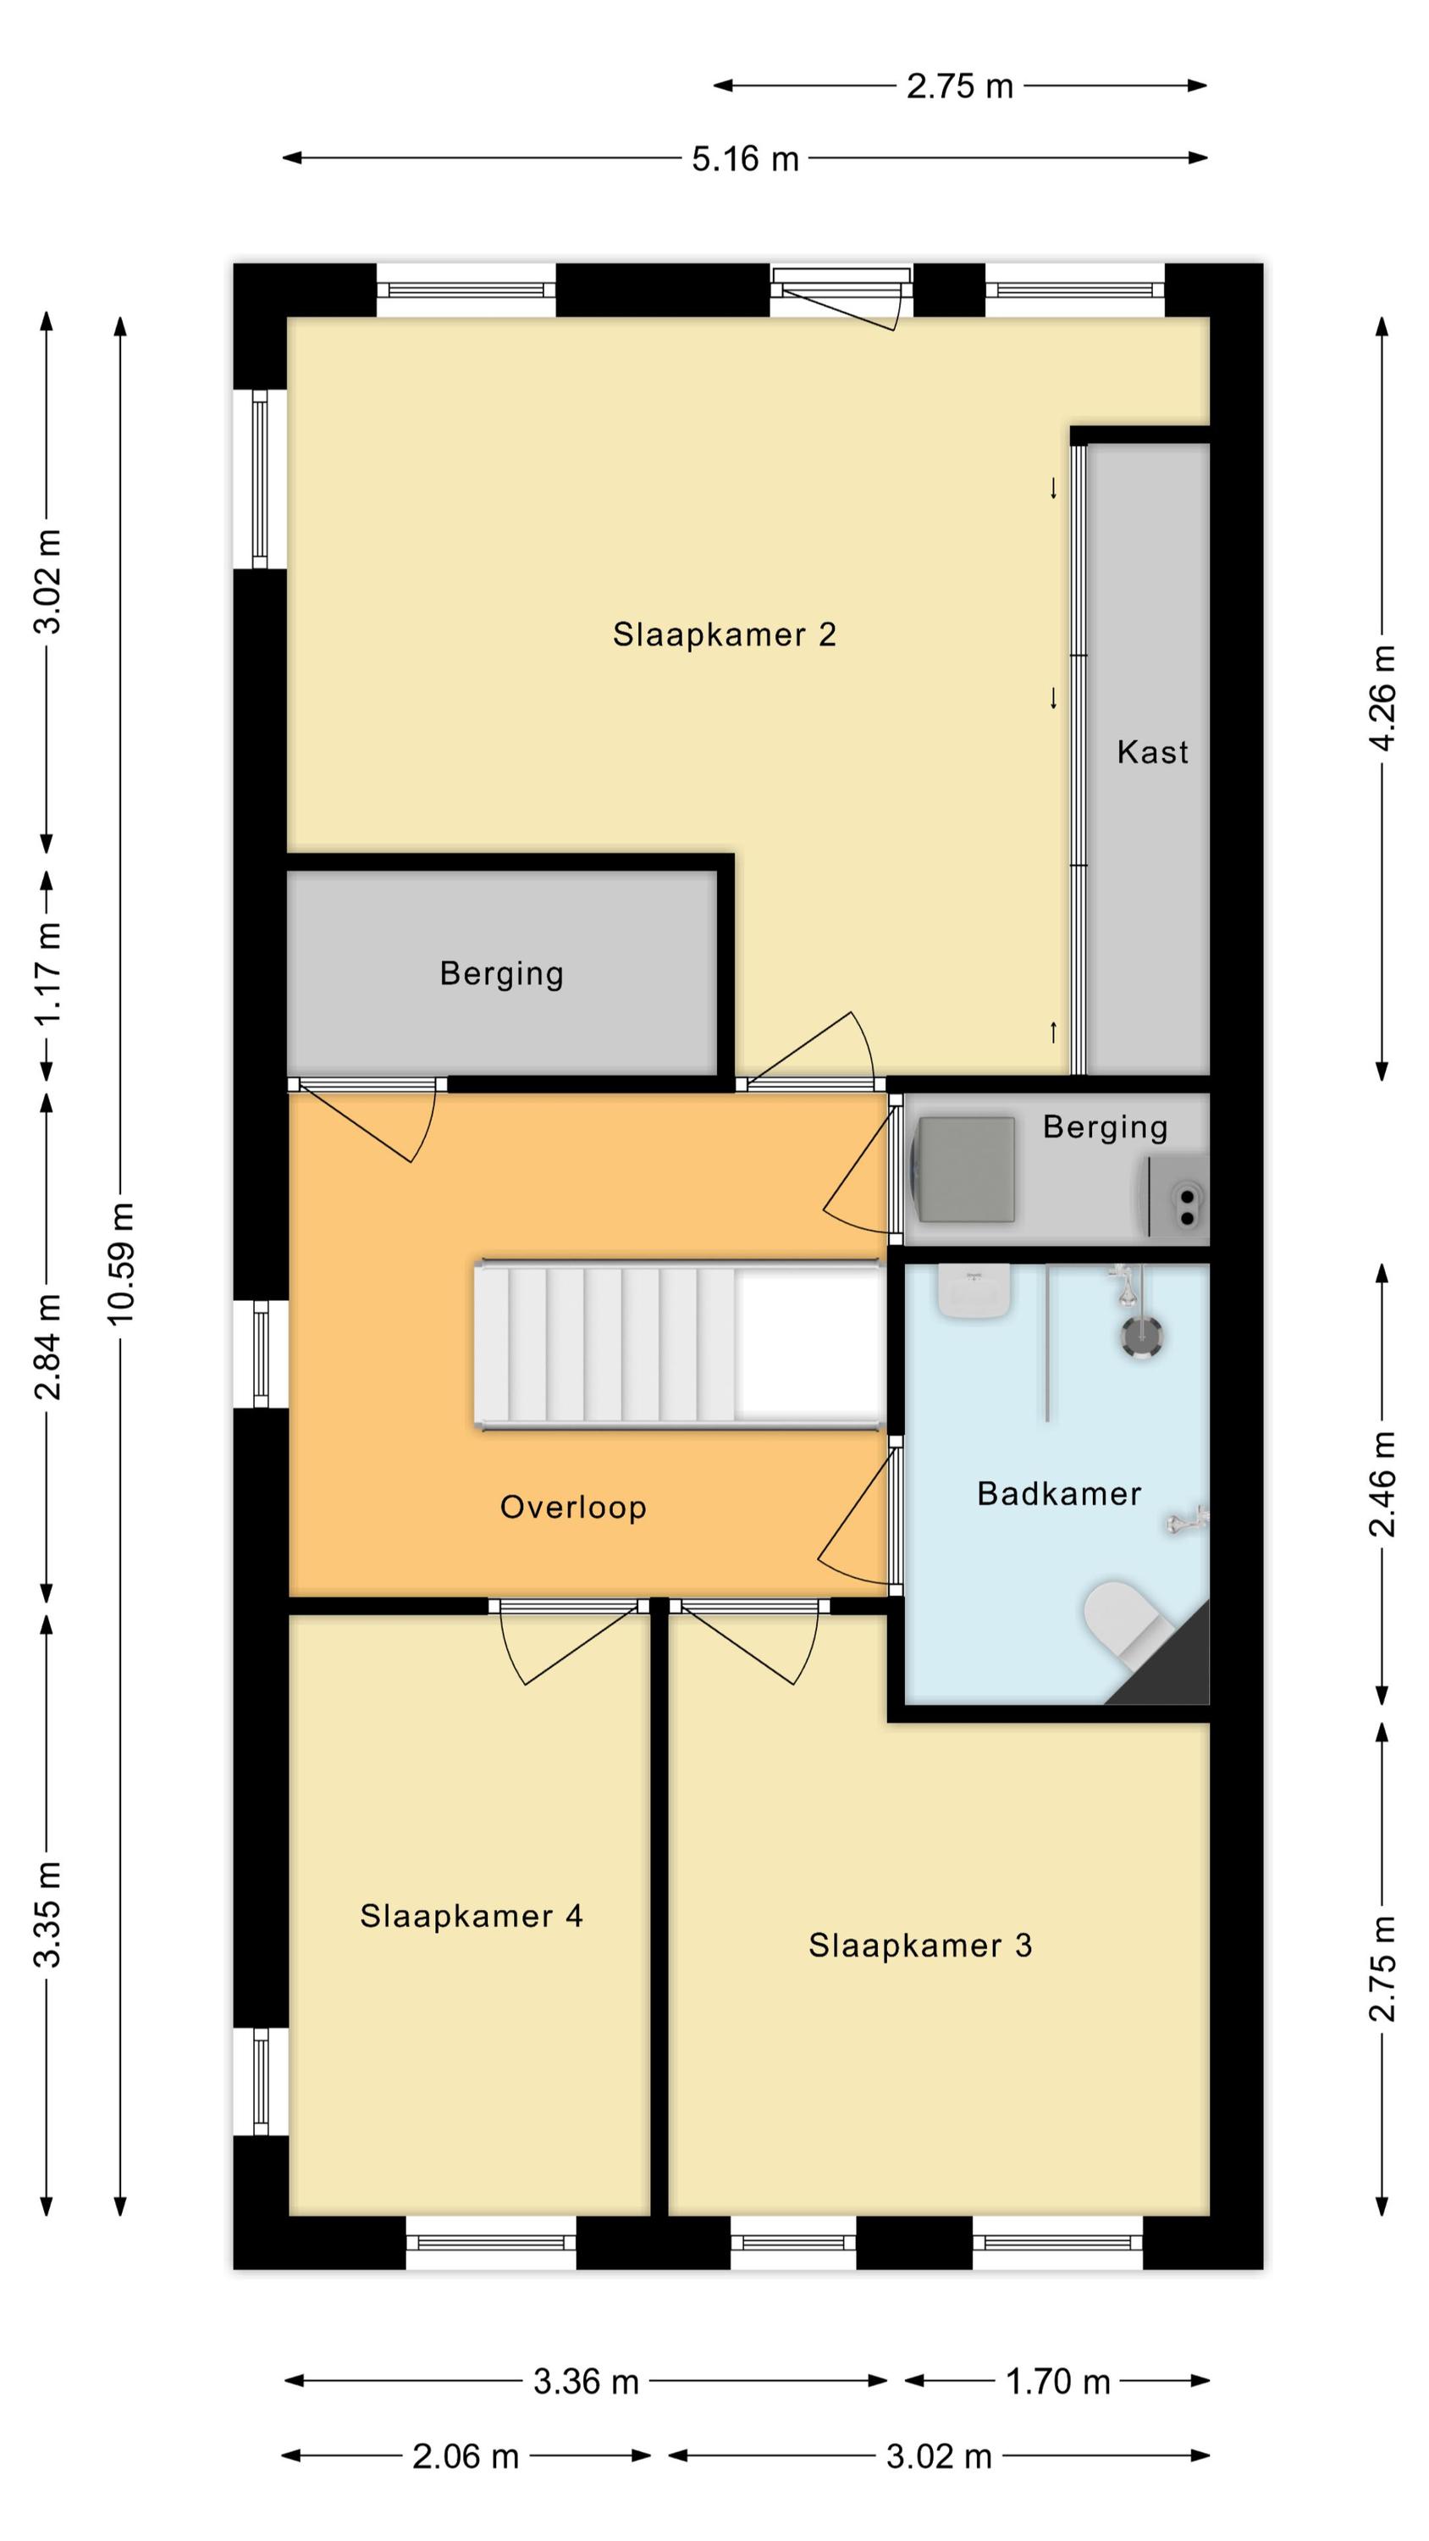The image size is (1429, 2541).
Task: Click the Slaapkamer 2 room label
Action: (x=724, y=634)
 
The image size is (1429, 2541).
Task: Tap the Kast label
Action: (x=1152, y=753)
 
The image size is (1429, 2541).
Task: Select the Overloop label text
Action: (x=573, y=1508)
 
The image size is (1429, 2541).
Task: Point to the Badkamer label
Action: (x=1059, y=1493)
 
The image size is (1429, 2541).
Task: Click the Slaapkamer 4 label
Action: (x=472, y=1916)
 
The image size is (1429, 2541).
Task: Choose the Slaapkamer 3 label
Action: (x=920, y=1946)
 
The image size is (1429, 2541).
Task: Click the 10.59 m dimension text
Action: (x=120, y=1263)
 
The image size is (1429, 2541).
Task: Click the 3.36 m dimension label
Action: (x=586, y=2381)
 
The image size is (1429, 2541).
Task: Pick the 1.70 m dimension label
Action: (x=1057, y=2381)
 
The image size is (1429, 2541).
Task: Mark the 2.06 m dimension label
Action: (x=466, y=2456)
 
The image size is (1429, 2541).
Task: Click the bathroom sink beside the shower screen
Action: (x=974, y=1291)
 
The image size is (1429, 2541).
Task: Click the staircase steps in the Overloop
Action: (x=604, y=1344)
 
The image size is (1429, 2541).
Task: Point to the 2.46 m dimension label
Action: (x=1382, y=1484)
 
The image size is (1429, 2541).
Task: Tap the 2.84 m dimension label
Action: (x=47, y=1347)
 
